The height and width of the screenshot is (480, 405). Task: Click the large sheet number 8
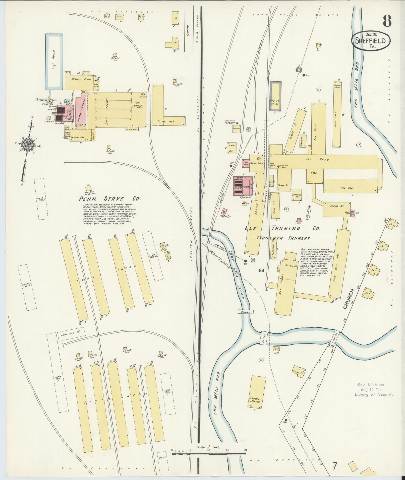[387, 21]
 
